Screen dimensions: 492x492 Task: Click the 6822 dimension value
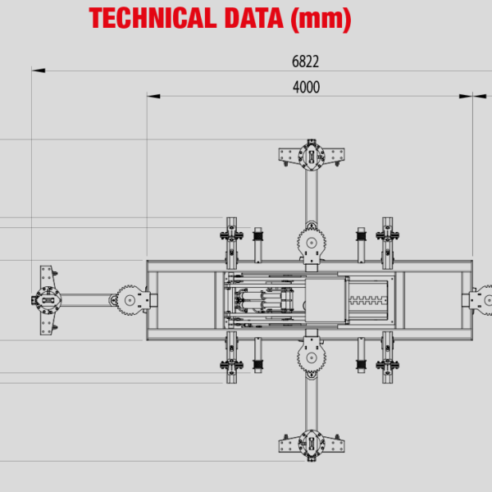coord(305,61)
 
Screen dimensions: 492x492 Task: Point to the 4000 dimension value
coord(305,87)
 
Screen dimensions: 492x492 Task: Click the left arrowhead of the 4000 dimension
coord(153,96)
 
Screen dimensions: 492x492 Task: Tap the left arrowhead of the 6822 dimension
coord(38,71)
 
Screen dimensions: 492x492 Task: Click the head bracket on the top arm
coord(312,155)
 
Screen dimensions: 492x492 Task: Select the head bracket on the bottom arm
coord(312,444)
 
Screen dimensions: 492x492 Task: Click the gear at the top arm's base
coord(312,241)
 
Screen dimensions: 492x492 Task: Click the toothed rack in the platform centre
coord(367,300)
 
